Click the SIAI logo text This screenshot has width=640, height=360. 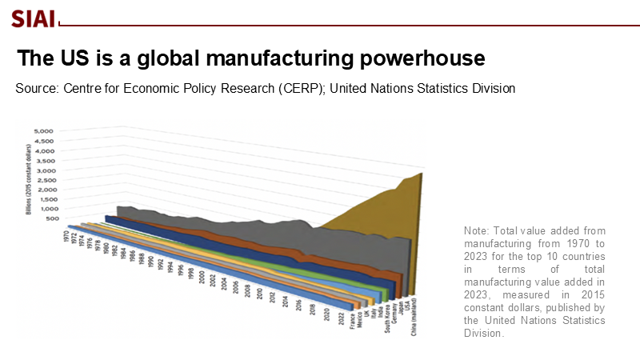[33, 18]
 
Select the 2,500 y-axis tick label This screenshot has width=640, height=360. [42, 181]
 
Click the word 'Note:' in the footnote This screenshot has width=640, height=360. [476, 231]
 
